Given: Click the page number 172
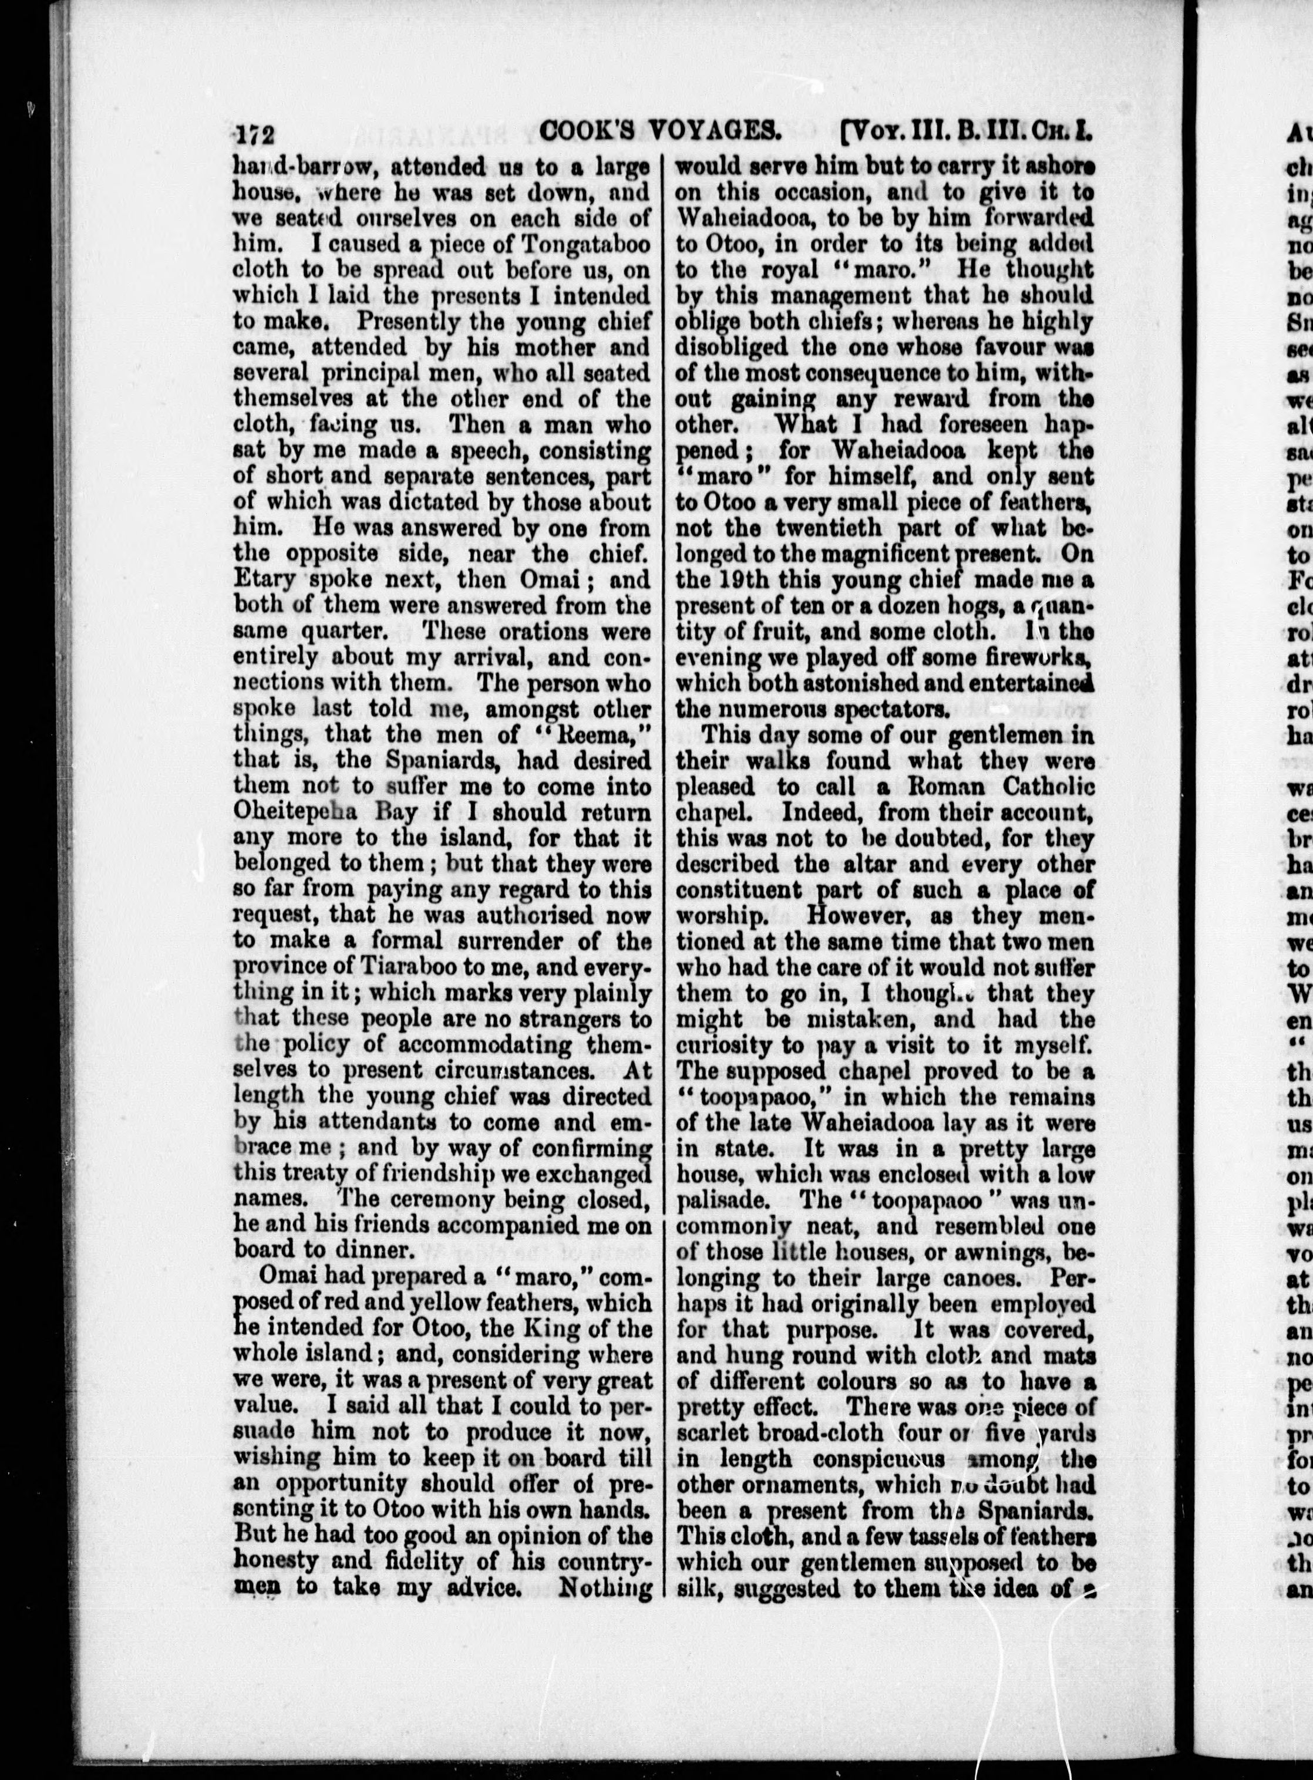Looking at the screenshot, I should point(254,133).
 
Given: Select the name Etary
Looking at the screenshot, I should point(263,580).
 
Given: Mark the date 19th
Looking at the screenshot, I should point(735,580).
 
